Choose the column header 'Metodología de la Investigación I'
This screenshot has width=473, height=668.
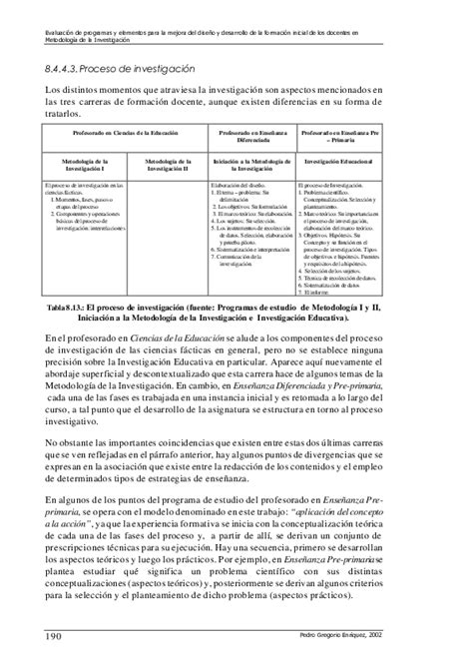point(83,163)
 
